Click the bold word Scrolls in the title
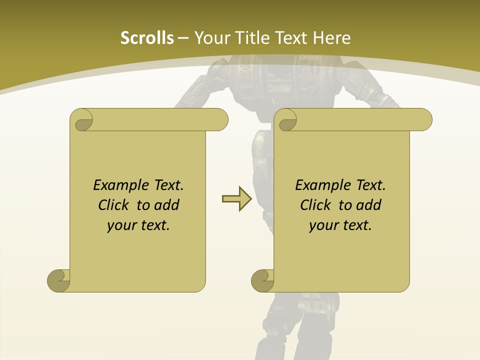147,38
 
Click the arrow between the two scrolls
236,199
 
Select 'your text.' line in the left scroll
138,225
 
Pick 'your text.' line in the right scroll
340,225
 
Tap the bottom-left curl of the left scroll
59,280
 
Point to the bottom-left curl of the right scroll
263,280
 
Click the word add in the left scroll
167,205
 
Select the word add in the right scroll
369,205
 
